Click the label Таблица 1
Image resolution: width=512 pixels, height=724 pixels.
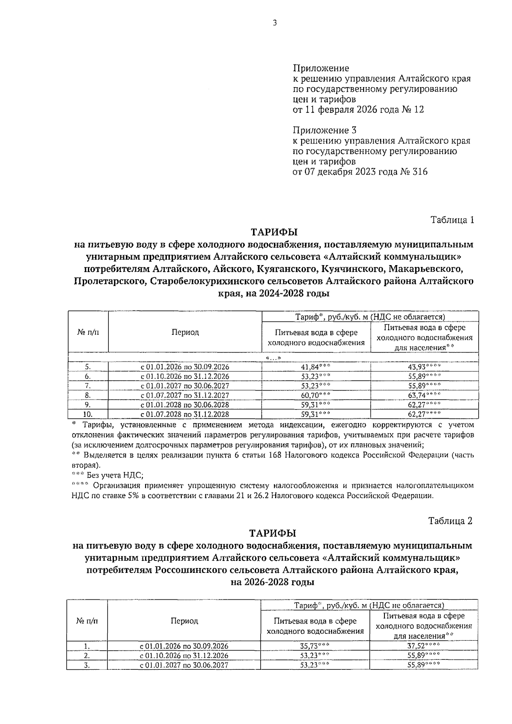click(x=452, y=220)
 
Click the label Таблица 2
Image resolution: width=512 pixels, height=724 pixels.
click(x=451, y=521)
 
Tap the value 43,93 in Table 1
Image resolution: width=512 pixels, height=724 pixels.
click(x=421, y=367)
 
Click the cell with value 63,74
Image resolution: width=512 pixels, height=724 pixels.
click(x=421, y=395)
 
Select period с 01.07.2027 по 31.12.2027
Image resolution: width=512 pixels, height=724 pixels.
click(x=185, y=395)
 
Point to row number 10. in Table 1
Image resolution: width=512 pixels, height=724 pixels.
click(x=88, y=414)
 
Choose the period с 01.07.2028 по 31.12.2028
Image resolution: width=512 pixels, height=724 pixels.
click(x=185, y=414)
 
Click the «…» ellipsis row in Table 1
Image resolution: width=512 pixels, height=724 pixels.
click(x=273, y=358)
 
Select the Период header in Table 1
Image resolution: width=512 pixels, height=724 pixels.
click(x=185, y=332)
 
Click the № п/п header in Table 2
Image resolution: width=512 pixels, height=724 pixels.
click(x=87, y=621)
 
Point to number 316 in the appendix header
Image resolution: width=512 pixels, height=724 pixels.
click(x=420, y=172)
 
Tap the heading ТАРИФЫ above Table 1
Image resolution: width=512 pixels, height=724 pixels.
click(x=273, y=232)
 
